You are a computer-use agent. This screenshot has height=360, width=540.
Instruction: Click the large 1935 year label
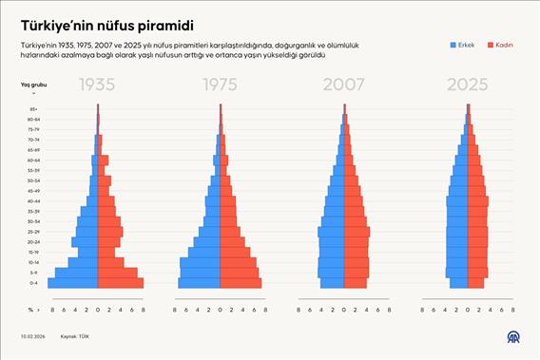[x=98, y=85]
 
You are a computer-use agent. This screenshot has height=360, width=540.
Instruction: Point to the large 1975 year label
[x=221, y=85]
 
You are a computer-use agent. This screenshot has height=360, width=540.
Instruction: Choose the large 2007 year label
[x=344, y=85]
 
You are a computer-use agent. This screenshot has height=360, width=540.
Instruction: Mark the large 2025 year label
[x=467, y=85]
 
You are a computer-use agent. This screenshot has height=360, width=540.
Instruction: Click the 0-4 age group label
[x=33, y=283]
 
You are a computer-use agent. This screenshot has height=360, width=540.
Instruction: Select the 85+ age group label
[x=33, y=109]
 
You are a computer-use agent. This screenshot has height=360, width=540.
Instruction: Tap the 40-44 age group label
[x=33, y=201]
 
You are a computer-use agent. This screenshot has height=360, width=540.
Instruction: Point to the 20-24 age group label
[x=33, y=242]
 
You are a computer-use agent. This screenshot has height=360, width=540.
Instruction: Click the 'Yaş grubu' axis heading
[x=33, y=85]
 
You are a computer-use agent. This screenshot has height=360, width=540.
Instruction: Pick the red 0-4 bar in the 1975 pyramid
[x=241, y=283]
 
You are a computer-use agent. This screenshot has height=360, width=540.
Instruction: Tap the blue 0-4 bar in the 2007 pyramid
[x=332, y=283]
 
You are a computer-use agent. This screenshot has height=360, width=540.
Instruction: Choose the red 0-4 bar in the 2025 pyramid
[x=475, y=283]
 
